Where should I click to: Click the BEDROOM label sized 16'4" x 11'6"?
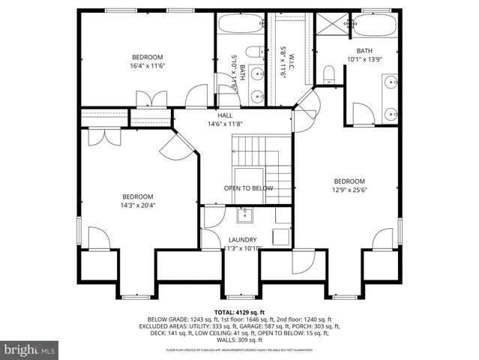point(148,58)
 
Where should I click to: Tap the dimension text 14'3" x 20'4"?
point(138,205)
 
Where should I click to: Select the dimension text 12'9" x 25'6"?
point(349,190)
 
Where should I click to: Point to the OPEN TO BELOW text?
point(248,188)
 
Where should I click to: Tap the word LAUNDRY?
point(242,240)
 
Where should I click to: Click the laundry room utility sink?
point(245,216)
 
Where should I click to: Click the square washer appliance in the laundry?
point(282,235)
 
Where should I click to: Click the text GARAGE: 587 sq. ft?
point(265,326)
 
